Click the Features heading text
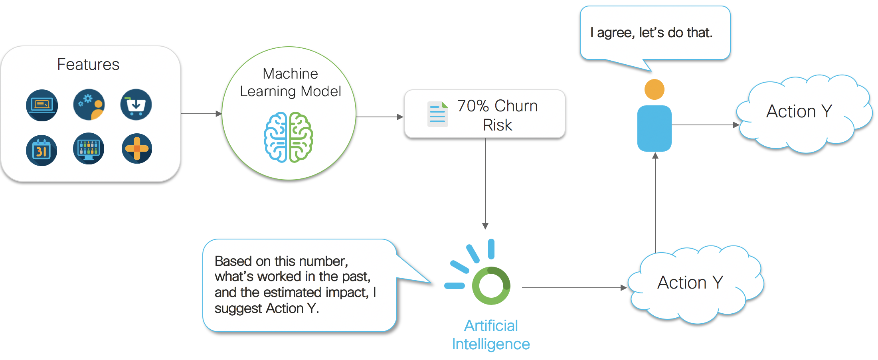coord(88,65)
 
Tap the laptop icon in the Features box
coord(42,105)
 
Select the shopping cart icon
coord(136,105)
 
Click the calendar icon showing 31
coord(42,150)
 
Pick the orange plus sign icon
coord(137,149)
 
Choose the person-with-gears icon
coord(89,105)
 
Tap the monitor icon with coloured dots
coord(89,148)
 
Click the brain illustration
coord(289,137)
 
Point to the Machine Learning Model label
coord(290,83)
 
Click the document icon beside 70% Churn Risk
coord(437,114)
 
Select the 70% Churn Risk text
coord(497,115)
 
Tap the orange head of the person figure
coord(655,89)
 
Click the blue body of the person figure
coord(655,128)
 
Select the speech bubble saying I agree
coord(655,33)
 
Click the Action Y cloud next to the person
coord(799,112)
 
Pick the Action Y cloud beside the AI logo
coord(690,283)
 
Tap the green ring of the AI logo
coord(491,286)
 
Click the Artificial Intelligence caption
coord(491,335)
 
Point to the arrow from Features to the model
coord(201,114)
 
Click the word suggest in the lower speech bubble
coord(239,309)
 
